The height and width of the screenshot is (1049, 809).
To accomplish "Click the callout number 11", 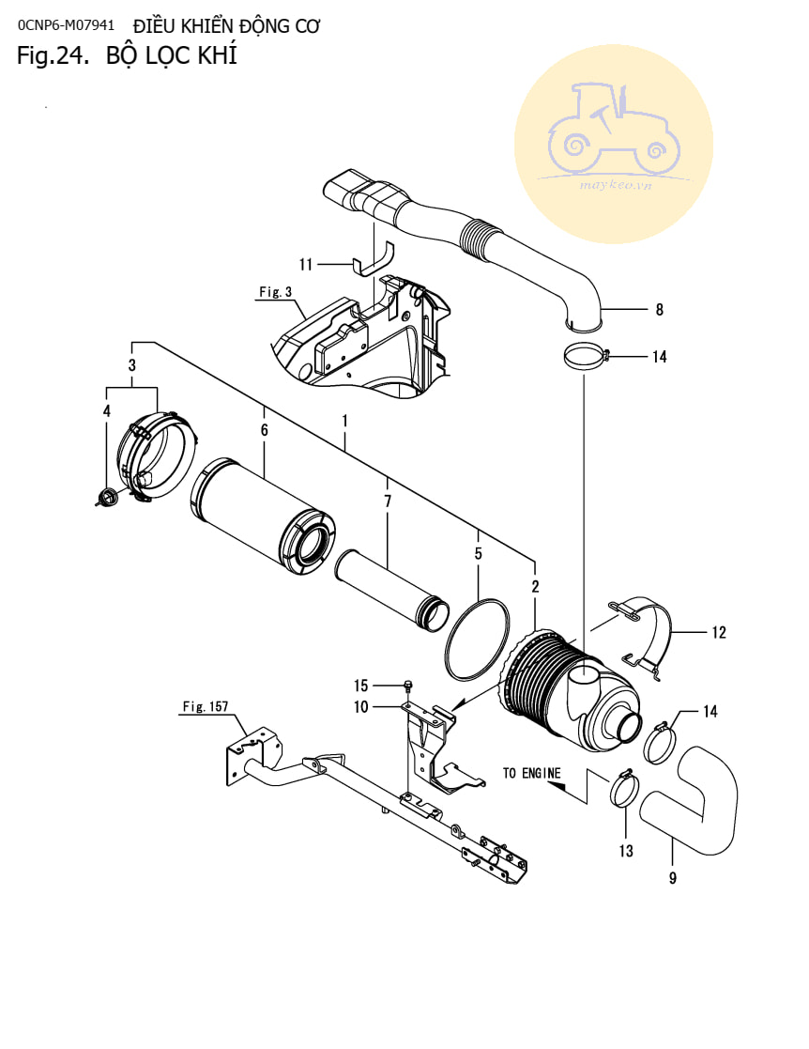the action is (306, 264).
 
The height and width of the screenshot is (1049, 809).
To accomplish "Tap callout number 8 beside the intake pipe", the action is (659, 309).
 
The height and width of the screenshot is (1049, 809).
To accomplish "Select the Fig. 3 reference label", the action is (276, 292).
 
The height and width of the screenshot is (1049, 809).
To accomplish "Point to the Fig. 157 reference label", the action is (206, 706).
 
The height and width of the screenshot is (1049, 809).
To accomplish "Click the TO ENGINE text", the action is (531, 773).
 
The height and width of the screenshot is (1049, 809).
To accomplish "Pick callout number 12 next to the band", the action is (719, 632).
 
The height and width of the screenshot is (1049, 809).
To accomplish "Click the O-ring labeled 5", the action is (477, 640).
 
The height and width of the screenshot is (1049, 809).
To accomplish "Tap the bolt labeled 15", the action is (408, 685).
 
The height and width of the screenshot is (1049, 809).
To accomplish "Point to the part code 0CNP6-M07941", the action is (67, 25).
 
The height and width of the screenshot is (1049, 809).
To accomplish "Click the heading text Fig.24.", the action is (53, 54).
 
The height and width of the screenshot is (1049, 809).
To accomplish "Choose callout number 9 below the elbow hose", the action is (673, 877).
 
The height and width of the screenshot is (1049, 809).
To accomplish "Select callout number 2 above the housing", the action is (535, 587).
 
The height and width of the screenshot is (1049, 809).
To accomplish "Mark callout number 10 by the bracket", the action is (361, 706).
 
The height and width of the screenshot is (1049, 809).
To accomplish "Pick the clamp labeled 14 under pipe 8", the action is (588, 356).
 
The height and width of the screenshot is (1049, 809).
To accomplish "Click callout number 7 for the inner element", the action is (388, 501).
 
